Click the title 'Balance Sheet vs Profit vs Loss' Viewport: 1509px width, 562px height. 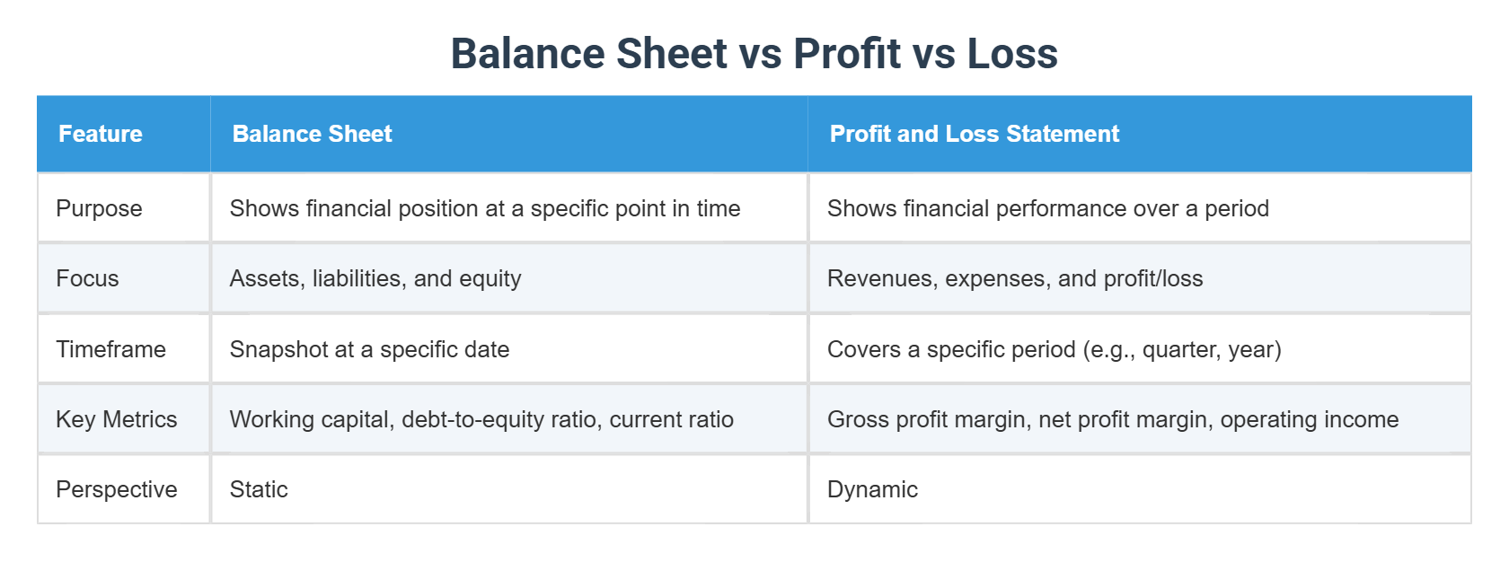pos(754,54)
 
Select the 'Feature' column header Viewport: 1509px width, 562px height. pos(101,134)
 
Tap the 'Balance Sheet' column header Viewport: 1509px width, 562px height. pos(312,134)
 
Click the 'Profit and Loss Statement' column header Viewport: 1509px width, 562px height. pos(974,134)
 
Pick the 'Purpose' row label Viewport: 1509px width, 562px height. pos(99,208)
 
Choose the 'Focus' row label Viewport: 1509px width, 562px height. pos(87,278)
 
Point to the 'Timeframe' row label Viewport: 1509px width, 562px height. pos(110,349)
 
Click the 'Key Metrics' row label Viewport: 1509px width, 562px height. pos(116,419)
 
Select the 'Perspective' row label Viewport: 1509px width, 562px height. pos(116,489)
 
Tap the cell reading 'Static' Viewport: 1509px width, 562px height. pos(259,489)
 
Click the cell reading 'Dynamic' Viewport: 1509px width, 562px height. pos(872,489)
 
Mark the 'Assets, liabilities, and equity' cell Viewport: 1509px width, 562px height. pos(375,278)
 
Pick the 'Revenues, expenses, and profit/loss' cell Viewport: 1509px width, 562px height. pos(1015,278)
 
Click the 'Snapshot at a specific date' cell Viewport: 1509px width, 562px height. pos(369,349)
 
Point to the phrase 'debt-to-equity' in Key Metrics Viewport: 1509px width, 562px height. pos(457,419)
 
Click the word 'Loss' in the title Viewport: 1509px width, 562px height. pos(1012,54)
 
